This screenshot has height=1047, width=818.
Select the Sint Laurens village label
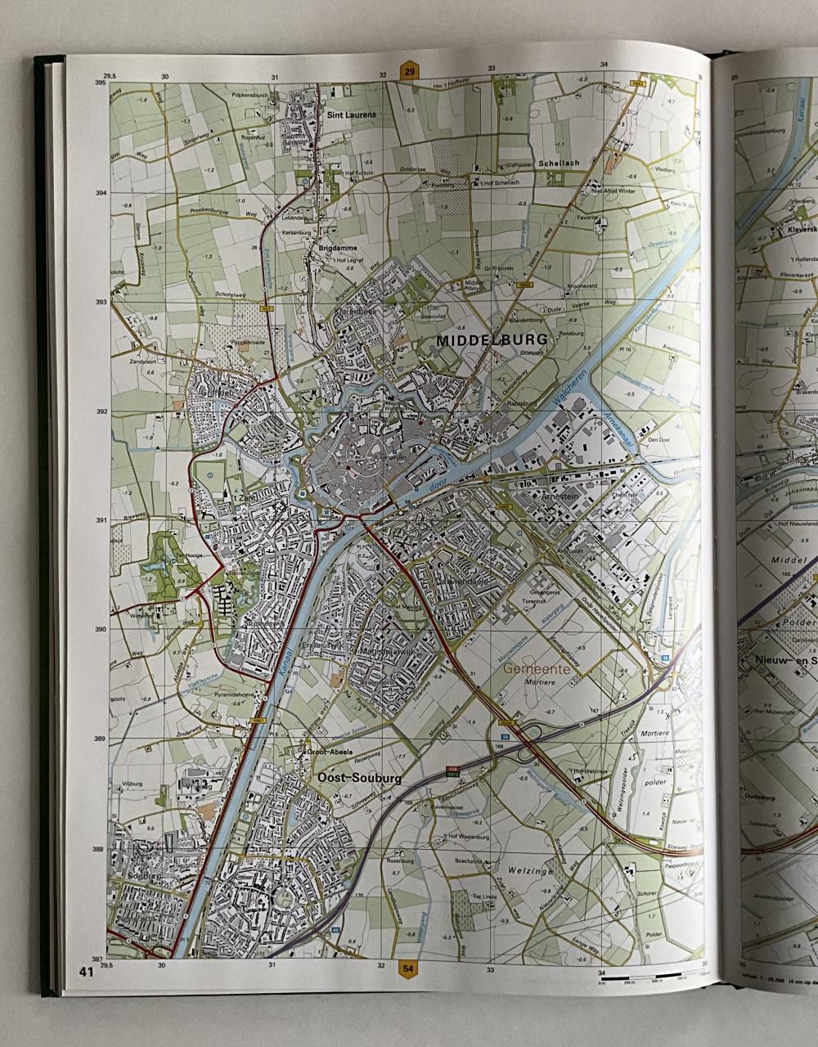[x=351, y=115]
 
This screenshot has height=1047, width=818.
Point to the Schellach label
[x=559, y=163]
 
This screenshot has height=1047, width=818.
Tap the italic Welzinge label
[x=529, y=871]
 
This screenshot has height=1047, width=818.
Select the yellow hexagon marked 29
[x=409, y=71]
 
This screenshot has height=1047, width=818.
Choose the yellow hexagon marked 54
[x=409, y=970]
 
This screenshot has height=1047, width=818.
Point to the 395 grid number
[x=101, y=83]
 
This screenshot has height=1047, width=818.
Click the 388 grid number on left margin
[x=99, y=849]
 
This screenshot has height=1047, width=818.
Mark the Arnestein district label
[x=560, y=497]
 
